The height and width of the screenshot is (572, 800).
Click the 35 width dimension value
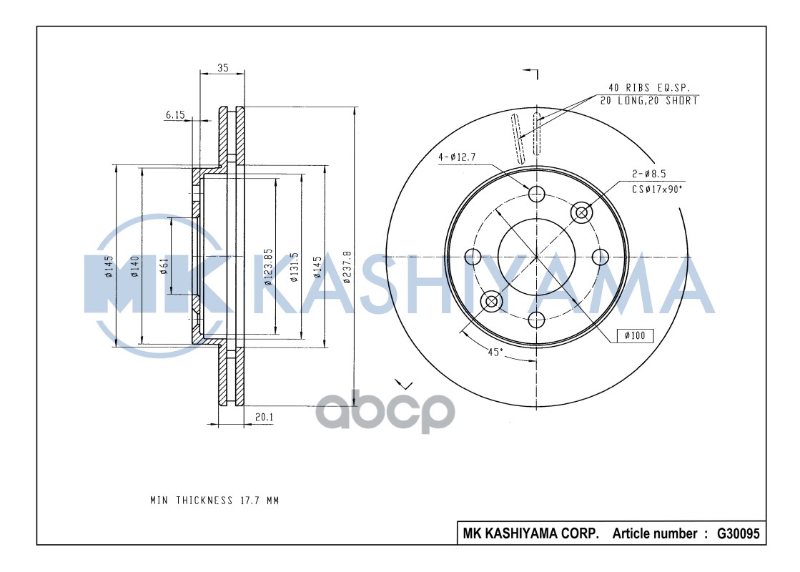coord(222,68)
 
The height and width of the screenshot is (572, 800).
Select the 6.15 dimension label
coord(175,114)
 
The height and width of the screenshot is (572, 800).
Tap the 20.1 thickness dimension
coord(264,416)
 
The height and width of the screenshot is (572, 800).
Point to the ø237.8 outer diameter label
coord(347,267)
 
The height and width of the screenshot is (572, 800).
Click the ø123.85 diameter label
coord(269,267)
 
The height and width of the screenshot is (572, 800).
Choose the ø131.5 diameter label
coord(294,267)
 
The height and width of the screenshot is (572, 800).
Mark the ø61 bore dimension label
coord(164,266)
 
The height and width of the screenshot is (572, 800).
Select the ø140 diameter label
coord(134,266)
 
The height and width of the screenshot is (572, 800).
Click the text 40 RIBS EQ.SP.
coord(649,87)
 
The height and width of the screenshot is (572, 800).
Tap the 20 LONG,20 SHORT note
coord(649,101)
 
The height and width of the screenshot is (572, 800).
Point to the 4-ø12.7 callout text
coord(458,157)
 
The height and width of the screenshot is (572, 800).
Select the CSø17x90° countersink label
coord(657,189)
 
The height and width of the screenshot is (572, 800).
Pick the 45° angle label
coord(495,351)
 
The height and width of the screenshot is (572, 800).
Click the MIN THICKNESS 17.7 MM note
coord(214,500)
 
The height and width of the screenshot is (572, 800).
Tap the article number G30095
coord(738,533)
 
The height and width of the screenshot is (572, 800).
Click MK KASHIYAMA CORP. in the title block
coord(531,533)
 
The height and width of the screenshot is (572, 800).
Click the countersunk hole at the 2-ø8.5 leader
coord(581,212)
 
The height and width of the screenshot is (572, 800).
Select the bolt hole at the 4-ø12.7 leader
coord(536,193)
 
